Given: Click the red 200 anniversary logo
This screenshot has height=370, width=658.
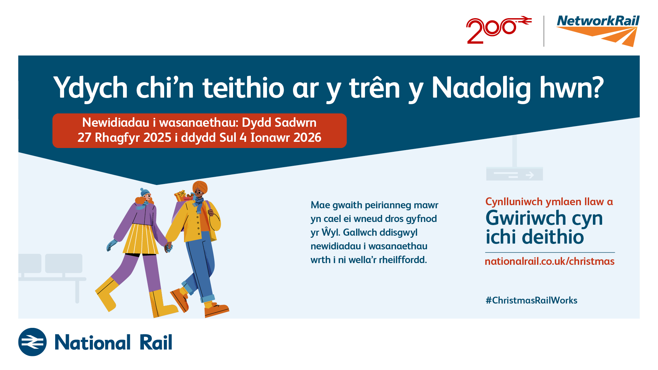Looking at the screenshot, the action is click(499, 30).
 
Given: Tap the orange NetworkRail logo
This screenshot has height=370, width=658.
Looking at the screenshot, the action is click(598, 31).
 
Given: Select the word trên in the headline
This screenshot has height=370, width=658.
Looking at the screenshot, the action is click(375, 87).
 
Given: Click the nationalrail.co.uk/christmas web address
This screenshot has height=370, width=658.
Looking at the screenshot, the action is click(550, 261).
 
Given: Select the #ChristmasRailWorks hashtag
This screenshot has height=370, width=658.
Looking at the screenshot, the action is click(532, 300).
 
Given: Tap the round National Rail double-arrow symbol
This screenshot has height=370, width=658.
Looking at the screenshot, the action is click(32, 342).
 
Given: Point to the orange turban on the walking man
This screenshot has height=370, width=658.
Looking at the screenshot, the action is click(200, 187).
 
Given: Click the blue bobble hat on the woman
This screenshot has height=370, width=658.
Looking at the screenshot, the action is click(145, 192).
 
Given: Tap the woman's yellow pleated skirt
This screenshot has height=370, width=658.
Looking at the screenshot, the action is click(141, 239).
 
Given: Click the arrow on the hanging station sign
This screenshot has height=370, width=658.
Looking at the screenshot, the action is click(530, 175).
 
